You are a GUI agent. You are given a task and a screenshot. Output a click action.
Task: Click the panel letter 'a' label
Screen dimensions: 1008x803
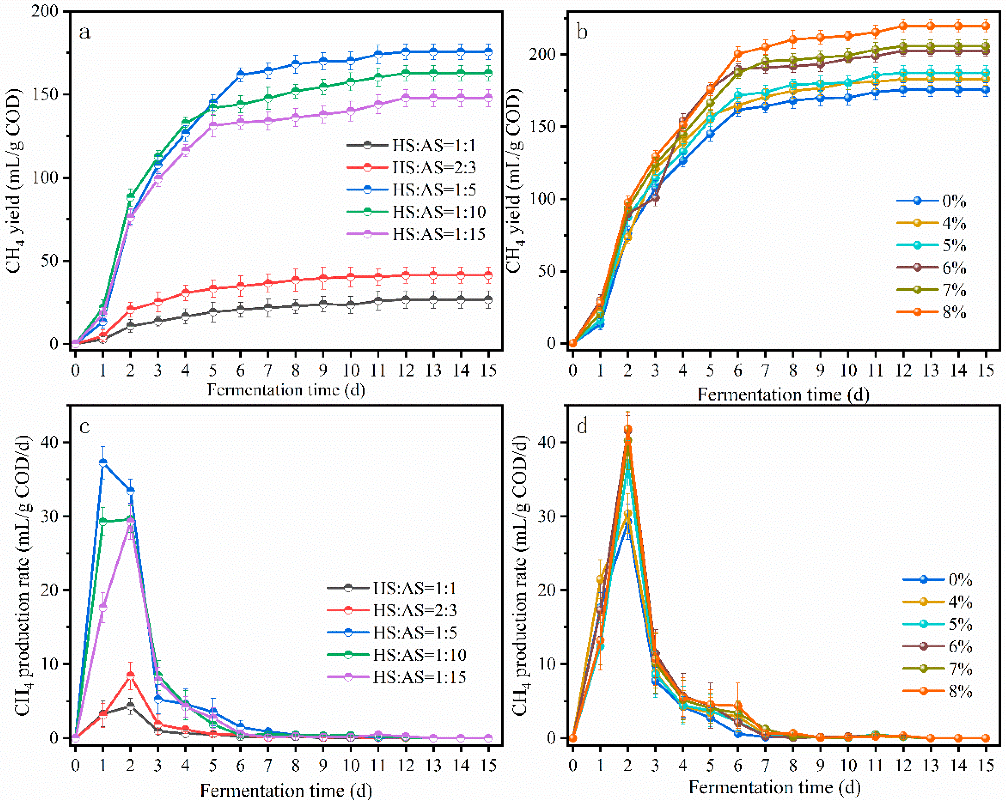point(85,33)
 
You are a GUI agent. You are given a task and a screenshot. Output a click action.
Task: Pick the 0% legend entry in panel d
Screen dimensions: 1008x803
point(937,579)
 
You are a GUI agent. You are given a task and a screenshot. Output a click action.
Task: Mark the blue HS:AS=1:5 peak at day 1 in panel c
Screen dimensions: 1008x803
point(103,462)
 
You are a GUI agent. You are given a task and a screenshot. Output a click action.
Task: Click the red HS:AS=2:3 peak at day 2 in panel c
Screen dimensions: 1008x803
point(130,675)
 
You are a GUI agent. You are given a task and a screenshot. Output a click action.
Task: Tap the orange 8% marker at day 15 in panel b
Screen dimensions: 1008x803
point(986,26)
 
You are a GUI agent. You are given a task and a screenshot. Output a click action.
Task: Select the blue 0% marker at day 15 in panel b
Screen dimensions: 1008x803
point(986,90)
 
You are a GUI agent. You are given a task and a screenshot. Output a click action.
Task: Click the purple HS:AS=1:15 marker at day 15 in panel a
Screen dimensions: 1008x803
point(489,98)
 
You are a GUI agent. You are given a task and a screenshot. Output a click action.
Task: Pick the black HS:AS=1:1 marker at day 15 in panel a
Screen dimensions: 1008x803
point(489,299)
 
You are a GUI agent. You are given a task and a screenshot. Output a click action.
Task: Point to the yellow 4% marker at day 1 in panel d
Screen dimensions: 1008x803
point(600,579)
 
